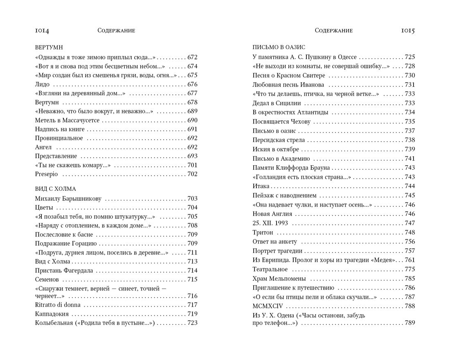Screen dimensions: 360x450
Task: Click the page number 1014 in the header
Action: [42, 31]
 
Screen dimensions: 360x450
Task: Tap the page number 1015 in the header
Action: [408, 31]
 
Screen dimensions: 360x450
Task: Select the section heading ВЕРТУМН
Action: [49, 47]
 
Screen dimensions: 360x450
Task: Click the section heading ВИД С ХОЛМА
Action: [56, 189]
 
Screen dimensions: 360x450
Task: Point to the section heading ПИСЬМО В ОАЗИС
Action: [279, 47]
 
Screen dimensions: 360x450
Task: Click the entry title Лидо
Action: [43, 84]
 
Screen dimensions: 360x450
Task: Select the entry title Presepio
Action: [47, 174]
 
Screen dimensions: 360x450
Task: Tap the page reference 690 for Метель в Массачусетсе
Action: [192, 120]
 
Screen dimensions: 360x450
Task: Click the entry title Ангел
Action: [43, 147]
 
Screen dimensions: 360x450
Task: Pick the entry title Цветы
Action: [44, 207]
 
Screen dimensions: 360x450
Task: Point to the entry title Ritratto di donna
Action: [58, 305]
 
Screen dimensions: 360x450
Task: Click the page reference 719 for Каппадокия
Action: [192, 314]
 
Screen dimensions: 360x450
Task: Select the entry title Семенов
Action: [47, 279]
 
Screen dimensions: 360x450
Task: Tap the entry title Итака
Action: [261, 186]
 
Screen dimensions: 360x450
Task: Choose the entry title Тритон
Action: [263, 232]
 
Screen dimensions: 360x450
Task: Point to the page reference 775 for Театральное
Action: [409, 269]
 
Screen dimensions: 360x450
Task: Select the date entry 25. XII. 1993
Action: [270, 223]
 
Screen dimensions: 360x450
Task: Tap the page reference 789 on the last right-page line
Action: [409, 323]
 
